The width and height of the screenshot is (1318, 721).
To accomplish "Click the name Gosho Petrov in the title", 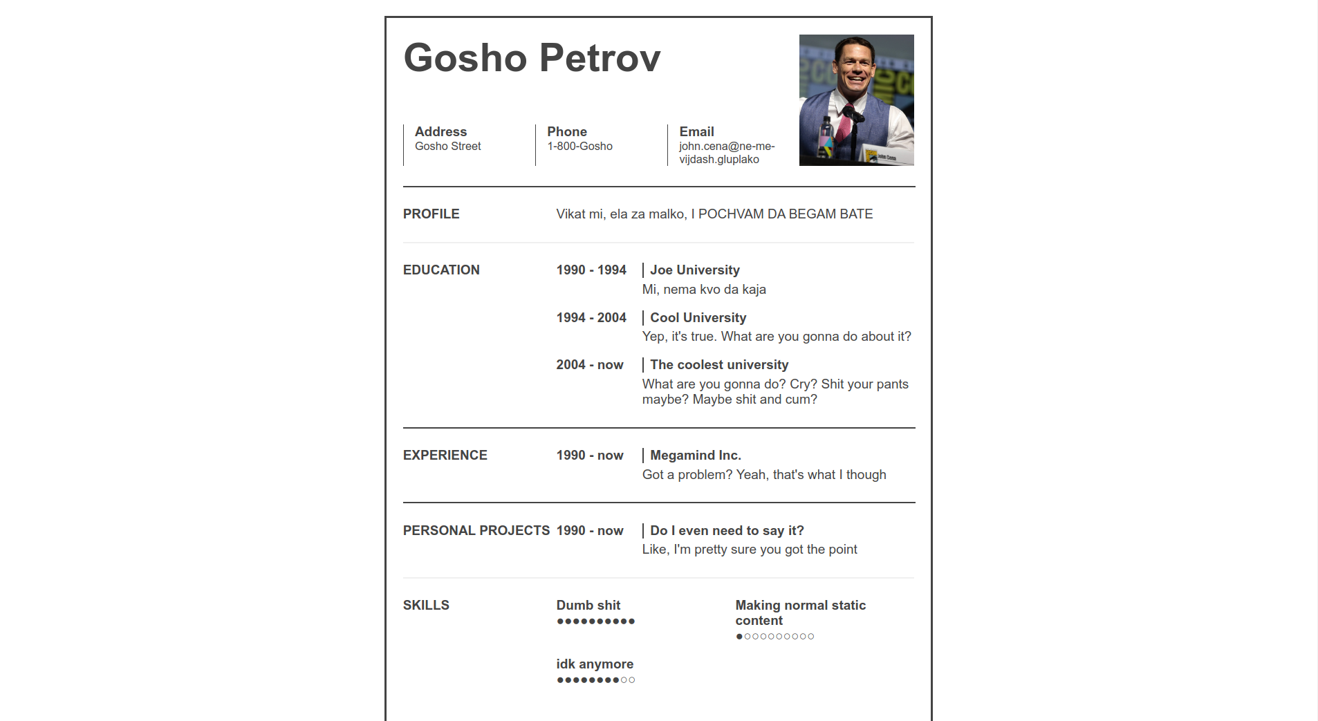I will [532, 57].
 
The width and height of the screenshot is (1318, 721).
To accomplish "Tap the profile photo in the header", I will [856, 100].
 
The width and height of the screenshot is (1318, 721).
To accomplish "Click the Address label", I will [440, 131].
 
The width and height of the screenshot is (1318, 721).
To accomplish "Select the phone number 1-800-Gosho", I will [579, 147].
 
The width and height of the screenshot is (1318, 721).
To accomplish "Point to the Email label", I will [696, 131].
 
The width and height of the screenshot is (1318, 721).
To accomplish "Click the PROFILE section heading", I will [431, 214].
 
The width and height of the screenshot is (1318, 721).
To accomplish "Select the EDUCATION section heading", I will [441, 270].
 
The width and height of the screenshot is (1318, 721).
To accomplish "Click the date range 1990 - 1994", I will [591, 270].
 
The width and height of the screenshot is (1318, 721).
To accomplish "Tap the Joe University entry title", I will [694, 270].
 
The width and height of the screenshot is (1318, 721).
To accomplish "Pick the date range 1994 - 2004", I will [591, 318].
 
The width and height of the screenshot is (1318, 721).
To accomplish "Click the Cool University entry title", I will [698, 318].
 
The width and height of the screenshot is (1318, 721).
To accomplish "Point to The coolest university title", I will [719, 365].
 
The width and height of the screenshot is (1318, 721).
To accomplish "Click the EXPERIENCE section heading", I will [445, 456].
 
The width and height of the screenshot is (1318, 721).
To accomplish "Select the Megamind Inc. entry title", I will [695, 456].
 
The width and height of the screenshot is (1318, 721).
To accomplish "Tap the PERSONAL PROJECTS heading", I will [476, 531].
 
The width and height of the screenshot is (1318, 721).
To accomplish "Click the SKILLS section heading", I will [426, 606].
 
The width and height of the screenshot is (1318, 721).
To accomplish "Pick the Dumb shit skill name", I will [588, 606].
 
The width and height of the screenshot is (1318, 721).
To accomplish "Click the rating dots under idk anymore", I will [595, 680].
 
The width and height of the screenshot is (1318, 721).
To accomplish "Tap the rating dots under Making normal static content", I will [774, 637].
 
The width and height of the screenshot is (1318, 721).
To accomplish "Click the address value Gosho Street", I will [447, 147].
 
